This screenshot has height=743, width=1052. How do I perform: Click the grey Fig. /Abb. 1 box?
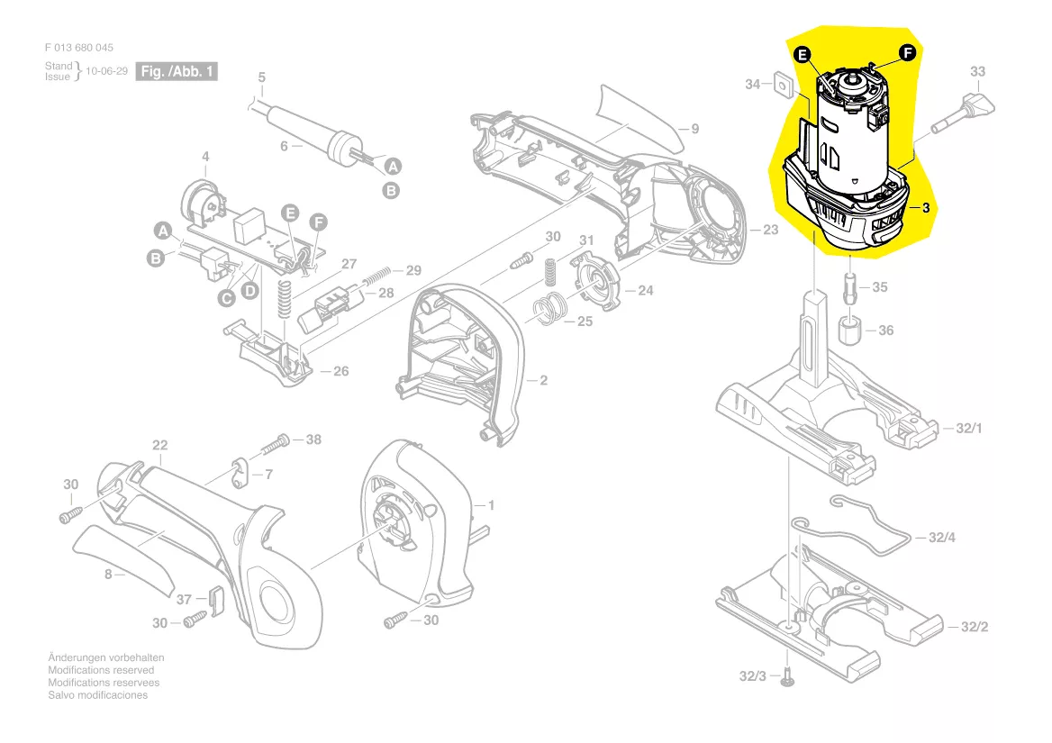tap(177, 71)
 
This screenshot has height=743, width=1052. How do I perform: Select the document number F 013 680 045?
tap(79, 48)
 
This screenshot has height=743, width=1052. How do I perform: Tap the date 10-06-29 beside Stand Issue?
tap(107, 71)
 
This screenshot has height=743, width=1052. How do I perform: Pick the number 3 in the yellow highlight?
tap(925, 207)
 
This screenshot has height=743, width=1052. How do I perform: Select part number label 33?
tap(977, 71)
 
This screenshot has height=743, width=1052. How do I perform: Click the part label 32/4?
tap(941, 538)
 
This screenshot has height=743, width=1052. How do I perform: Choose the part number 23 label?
tap(770, 230)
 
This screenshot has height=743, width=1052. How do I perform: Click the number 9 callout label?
tap(694, 129)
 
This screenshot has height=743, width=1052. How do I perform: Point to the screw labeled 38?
tap(277, 442)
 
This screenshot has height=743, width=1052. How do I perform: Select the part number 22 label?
tap(159, 445)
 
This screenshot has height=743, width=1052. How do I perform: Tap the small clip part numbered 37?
tap(213, 596)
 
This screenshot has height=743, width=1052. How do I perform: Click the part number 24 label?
tap(645, 290)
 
